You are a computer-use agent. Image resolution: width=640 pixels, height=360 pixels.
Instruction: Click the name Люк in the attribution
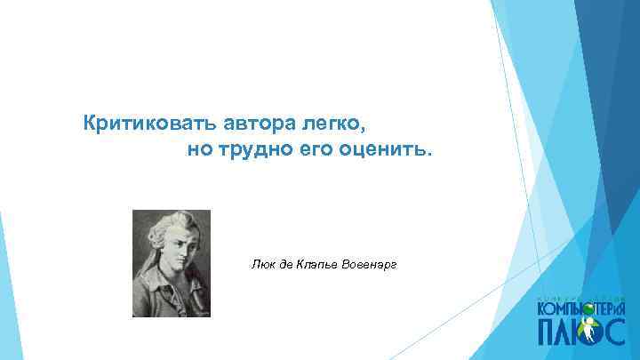click(264, 264)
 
